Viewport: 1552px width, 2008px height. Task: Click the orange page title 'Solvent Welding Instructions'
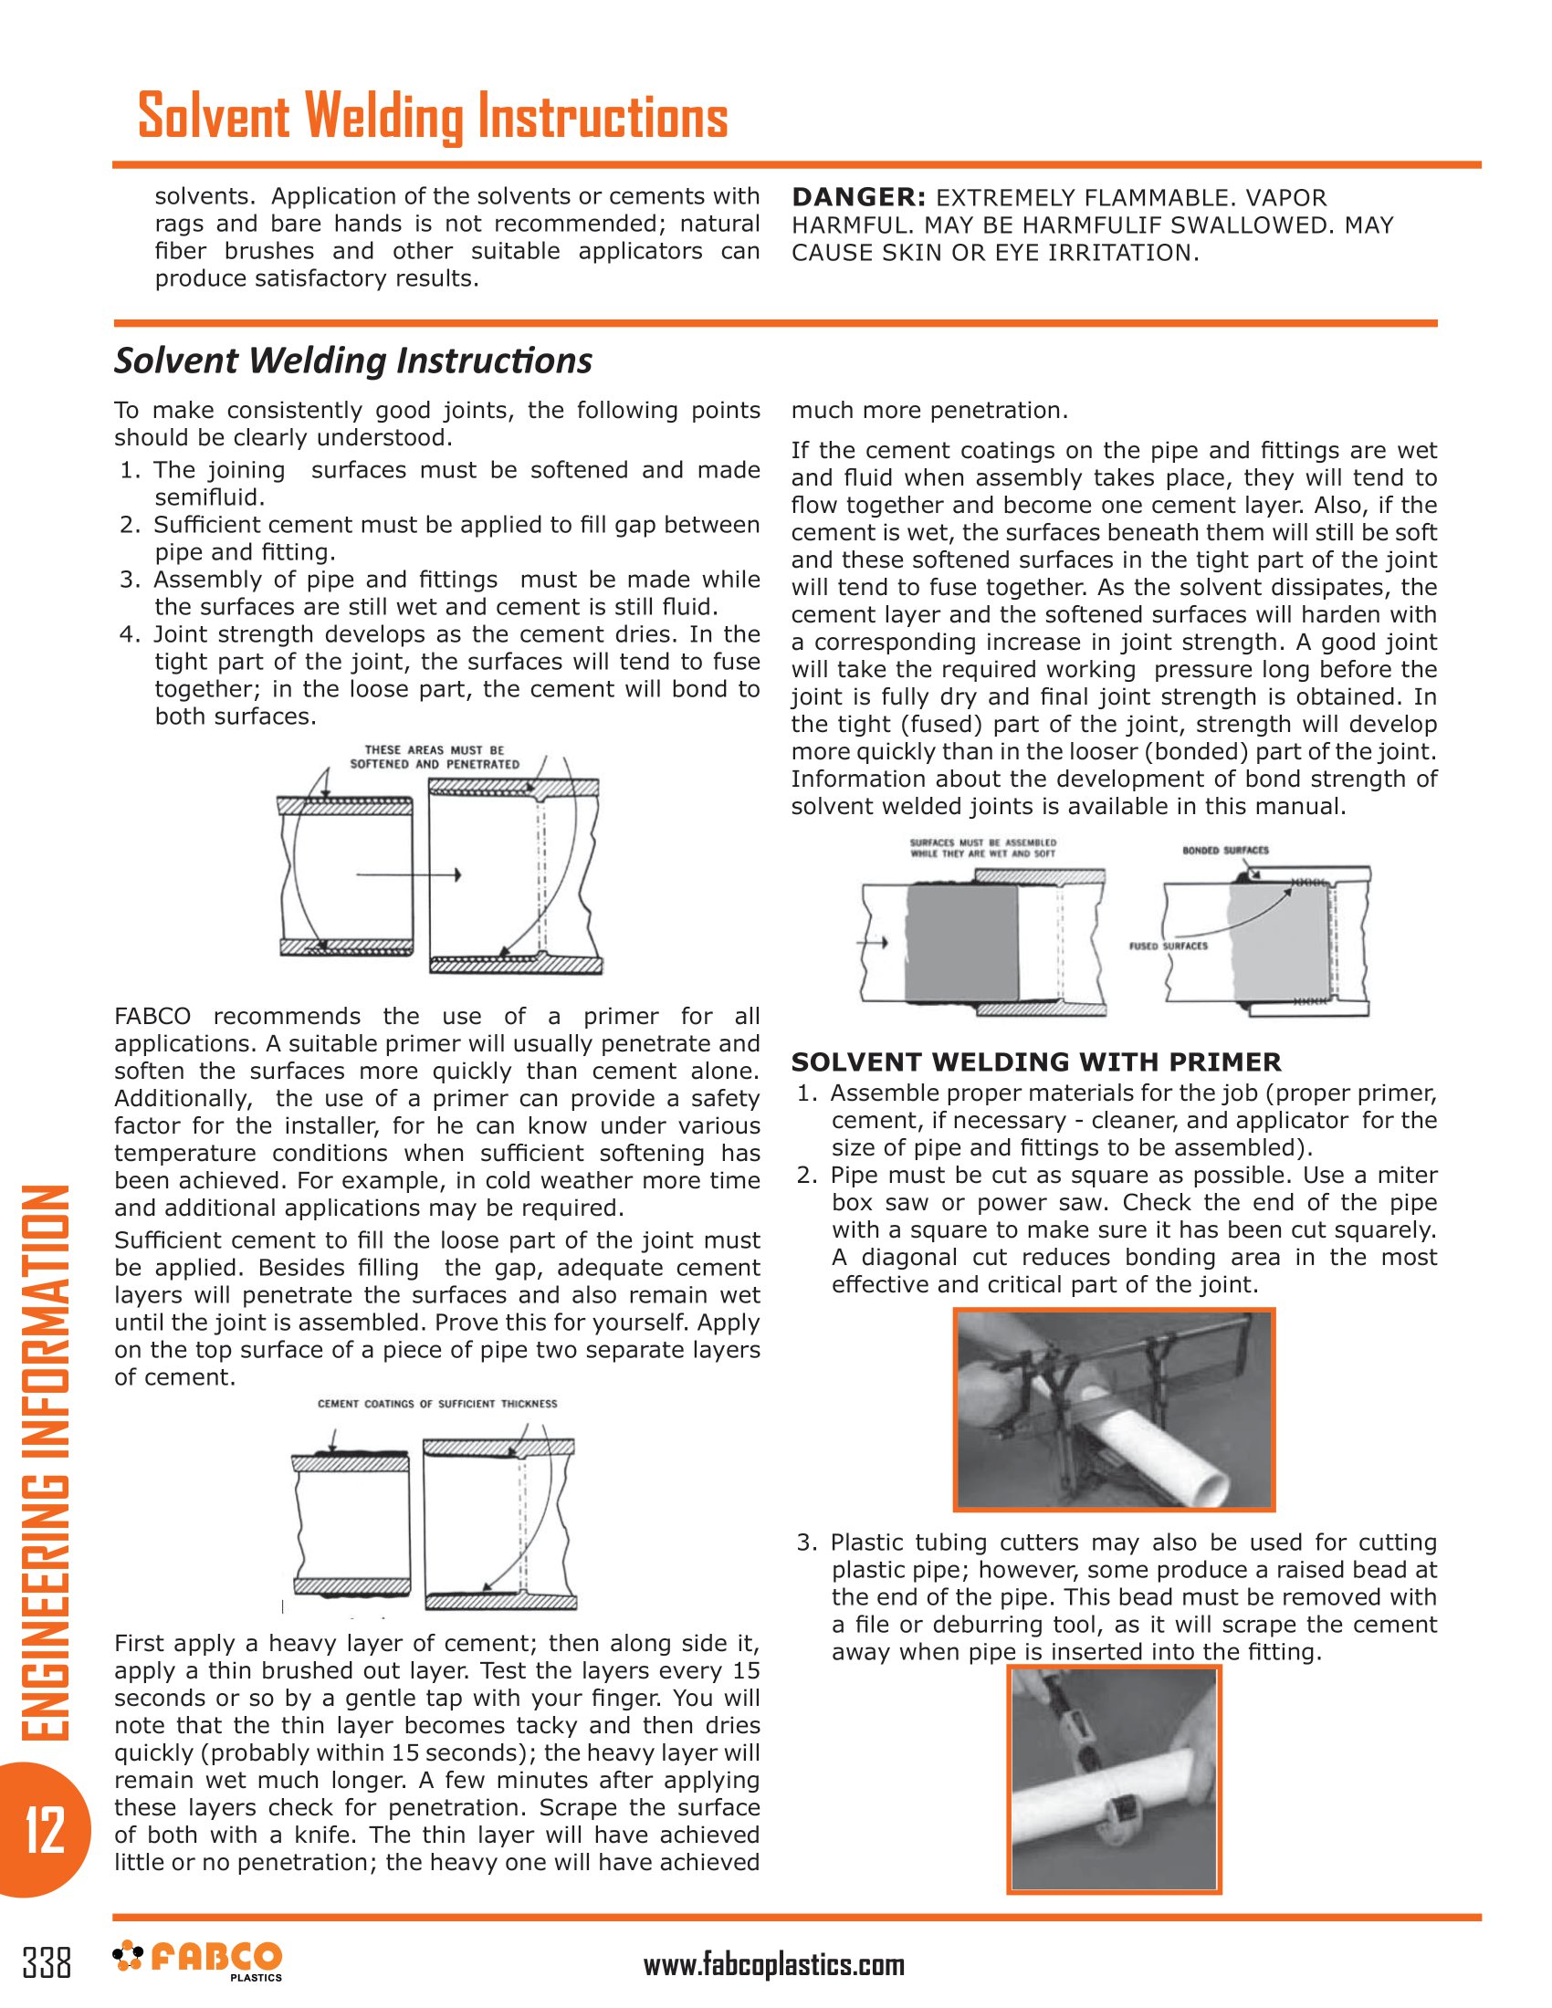pyautogui.click(x=432, y=118)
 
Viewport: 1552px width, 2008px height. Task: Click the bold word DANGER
pyautogui.click(x=859, y=198)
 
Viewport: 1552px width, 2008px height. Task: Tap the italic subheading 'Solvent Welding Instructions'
pyautogui.click(x=353, y=361)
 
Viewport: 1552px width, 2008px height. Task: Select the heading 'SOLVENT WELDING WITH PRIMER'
pyautogui.click(x=1035, y=1062)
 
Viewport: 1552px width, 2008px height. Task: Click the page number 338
pyautogui.click(x=47, y=1961)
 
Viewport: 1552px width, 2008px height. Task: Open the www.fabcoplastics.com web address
pyautogui.click(x=773, y=1965)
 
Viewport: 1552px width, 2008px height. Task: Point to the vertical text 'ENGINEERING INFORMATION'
pyautogui.click(x=44, y=1462)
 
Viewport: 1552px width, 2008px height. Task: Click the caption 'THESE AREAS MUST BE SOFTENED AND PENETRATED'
pyautogui.click(x=434, y=757)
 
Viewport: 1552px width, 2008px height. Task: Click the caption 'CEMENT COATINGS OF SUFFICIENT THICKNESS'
pyautogui.click(x=436, y=1404)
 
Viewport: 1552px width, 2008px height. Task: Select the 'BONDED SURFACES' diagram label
pyautogui.click(x=1224, y=850)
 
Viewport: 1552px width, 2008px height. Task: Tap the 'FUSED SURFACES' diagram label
pyautogui.click(x=1168, y=946)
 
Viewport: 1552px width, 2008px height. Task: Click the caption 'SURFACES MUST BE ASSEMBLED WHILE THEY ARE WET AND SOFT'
pyautogui.click(x=982, y=848)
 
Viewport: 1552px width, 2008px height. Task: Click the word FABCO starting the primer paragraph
pyautogui.click(x=152, y=1017)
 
